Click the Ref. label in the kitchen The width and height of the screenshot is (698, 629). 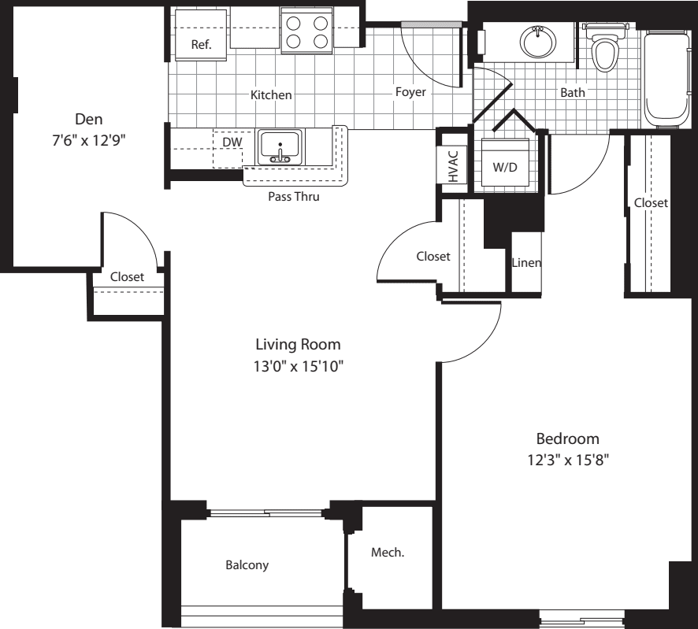(x=202, y=45)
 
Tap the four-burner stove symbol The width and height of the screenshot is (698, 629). (x=306, y=32)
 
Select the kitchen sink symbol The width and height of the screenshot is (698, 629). (x=279, y=147)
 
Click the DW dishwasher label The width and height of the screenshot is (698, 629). (x=232, y=142)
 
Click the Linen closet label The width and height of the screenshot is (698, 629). (x=526, y=263)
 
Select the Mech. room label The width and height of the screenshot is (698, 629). (x=388, y=553)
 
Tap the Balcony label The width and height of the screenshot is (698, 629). (x=247, y=565)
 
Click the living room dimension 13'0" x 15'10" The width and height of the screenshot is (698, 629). (x=298, y=366)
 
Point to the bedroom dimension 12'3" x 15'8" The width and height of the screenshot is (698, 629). (x=568, y=461)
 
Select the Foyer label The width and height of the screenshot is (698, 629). (x=410, y=92)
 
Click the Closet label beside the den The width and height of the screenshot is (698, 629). (x=127, y=276)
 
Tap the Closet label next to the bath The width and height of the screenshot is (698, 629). (x=651, y=203)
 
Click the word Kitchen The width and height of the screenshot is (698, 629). (x=271, y=95)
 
